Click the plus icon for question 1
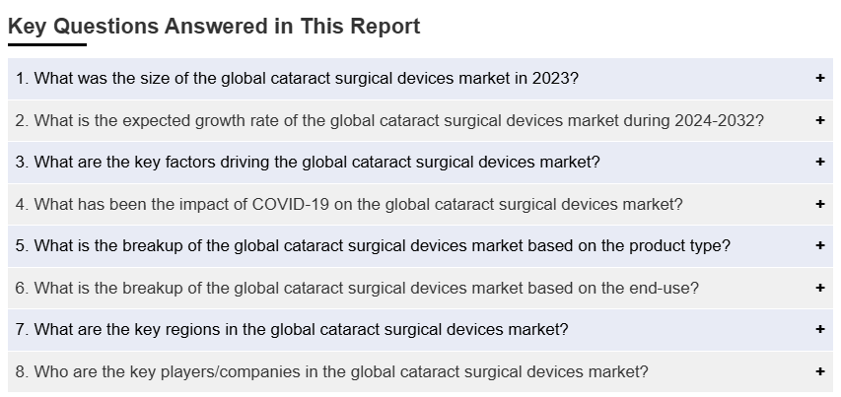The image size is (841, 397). pyautogui.click(x=819, y=78)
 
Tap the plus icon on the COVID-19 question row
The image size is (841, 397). pyautogui.click(x=819, y=204)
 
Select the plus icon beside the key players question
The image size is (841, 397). pyautogui.click(x=819, y=371)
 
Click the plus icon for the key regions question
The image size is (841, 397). pyautogui.click(x=819, y=329)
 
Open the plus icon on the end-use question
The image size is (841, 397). pyautogui.click(x=819, y=289)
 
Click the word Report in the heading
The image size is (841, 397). pyautogui.click(x=385, y=27)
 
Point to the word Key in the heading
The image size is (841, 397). pyautogui.click(x=28, y=27)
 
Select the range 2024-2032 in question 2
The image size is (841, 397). pyautogui.click(x=715, y=120)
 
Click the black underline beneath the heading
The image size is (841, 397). pyautogui.click(x=47, y=45)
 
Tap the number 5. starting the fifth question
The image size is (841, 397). pyautogui.click(x=22, y=246)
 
